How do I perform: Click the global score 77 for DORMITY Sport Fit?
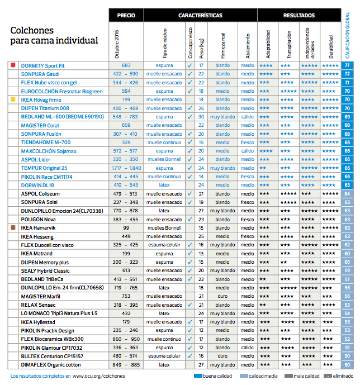click(348, 65)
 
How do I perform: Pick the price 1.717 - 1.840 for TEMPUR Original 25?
click(126, 168)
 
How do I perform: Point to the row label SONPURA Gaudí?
click(40, 74)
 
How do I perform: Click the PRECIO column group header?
click(126, 16)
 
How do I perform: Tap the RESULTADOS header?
click(299, 16)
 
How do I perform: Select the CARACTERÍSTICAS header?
click(200, 16)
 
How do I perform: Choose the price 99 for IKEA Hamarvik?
click(126, 228)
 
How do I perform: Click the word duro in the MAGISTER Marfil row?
click(222, 296)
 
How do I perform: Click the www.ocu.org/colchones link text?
click(98, 377)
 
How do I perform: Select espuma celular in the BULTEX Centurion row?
click(164, 356)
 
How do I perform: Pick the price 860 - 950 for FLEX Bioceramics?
click(126, 339)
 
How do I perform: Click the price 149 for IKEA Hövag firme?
click(126, 99)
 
